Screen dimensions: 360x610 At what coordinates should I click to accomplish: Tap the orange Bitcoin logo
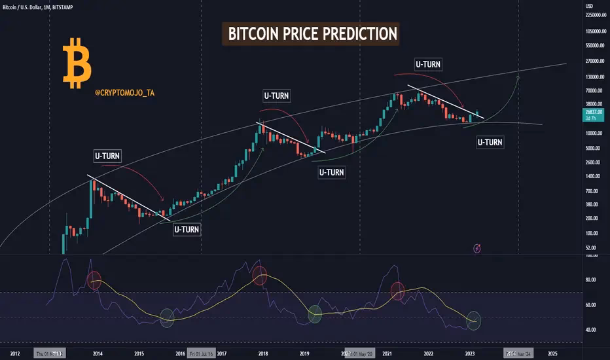[x=77, y=63]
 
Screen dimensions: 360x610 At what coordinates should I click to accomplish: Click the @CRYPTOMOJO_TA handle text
[x=126, y=94]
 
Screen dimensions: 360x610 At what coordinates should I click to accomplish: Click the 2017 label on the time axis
[x=222, y=353]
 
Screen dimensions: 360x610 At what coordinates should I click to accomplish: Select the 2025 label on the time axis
[x=552, y=353]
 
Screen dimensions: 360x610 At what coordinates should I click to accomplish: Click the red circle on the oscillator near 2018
[x=260, y=276]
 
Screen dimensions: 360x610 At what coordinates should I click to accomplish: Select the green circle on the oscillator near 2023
[x=474, y=321]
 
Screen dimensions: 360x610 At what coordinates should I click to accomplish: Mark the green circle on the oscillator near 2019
[x=315, y=314]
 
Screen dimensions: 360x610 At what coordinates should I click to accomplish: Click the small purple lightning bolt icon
[x=478, y=247]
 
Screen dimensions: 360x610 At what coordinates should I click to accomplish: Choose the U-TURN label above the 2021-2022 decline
[x=428, y=64]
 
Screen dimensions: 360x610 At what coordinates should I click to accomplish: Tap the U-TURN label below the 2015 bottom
[x=187, y=229]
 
